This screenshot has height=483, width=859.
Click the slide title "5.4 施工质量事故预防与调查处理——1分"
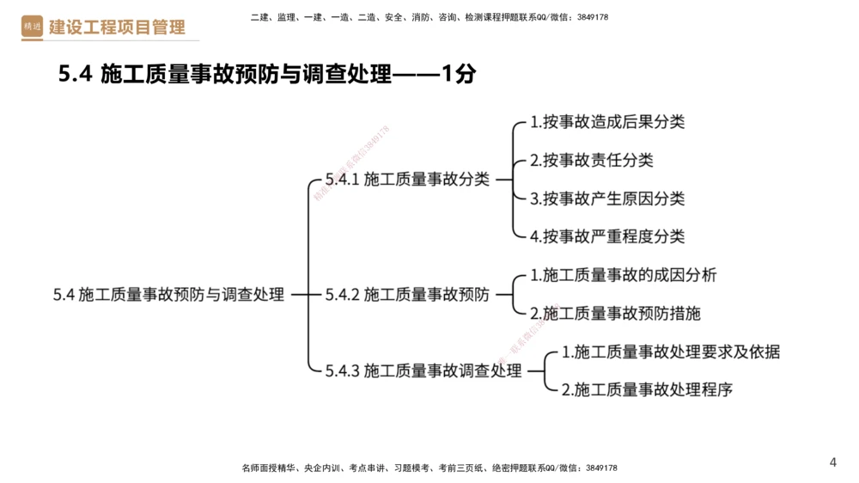click(266, 75)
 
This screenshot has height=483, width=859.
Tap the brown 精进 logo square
click(32, 28)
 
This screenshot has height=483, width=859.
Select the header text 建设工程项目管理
click(117, 28)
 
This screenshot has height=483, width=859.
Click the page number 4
click(832, 462)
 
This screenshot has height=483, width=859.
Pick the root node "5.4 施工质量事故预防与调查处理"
click(168, 295)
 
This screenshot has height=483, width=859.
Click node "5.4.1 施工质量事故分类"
click(407, 180)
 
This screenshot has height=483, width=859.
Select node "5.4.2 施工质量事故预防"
click(407, 295)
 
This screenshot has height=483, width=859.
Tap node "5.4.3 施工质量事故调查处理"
click(423, 371)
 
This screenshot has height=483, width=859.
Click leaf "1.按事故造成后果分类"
click(607, 122)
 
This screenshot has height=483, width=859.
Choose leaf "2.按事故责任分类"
click(591, 161)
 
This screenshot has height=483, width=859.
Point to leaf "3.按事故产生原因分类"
click(607, 199)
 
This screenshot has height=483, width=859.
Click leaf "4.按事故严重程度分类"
click(607, 236)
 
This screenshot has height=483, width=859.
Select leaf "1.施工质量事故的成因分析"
click(623, 275)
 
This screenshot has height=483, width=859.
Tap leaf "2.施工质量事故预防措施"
click(615, 314)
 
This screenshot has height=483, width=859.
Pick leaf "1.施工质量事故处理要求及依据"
click(670, 352)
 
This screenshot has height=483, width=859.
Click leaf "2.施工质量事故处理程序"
click(647, 389)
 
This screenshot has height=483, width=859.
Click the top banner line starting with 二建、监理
click(429, 17)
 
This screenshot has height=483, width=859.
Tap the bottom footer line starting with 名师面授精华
click(429, 468)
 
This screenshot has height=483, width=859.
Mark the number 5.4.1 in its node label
click(342, 180)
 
